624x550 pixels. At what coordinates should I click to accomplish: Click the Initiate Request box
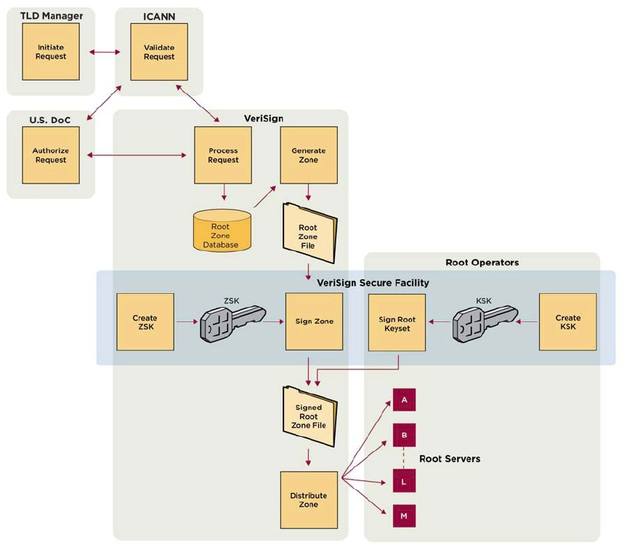(x=51, y=52)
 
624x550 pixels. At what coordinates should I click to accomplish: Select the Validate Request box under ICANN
(x=159, y=52)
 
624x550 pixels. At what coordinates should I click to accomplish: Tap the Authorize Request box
(x=51, y=155)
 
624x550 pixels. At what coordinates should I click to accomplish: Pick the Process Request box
(x=223, y=155)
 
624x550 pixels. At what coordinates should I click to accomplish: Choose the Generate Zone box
(x=309, y=155)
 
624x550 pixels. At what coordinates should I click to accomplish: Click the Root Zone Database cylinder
(x=222, y=231)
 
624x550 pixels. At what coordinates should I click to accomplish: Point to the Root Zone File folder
(x=309, y=233)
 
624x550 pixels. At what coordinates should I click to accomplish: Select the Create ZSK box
(x=145, y=321)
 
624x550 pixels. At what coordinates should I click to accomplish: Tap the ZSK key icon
(x=230, y=321)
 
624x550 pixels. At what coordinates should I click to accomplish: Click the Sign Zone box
(x=314, y=321)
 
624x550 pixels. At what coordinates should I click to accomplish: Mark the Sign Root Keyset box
(x=397, y=323)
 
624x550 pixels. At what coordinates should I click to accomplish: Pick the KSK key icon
(x=483, y=321)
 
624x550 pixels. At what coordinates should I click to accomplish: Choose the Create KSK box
(x=568, y=321)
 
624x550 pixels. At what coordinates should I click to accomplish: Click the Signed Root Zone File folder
(x=309, y=416)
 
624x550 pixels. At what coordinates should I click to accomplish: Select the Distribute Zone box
(x=309, y=499)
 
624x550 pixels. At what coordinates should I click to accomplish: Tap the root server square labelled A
(x=404, y=400)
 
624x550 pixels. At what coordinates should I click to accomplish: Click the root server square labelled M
(x=404, y=516)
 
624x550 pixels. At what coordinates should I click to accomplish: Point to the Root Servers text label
(x=450, y=459)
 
